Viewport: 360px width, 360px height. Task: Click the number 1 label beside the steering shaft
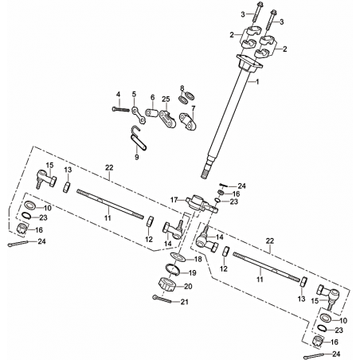(256, 82)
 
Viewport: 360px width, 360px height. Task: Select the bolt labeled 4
(121, 109)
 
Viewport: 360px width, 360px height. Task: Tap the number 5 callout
(134, 94)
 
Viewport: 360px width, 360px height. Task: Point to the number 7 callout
(193, 108)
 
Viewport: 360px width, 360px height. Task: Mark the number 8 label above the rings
(182, 88)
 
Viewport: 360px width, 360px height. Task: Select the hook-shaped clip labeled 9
(138, 139)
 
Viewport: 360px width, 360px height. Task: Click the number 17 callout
(174, 200)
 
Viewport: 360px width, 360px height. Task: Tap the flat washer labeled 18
(178, 256)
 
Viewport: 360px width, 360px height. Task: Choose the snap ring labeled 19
(173, 268)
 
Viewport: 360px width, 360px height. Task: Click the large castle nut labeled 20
(167, 284)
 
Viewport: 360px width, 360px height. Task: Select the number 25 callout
(166, 99)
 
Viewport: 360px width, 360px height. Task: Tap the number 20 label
(188, 287)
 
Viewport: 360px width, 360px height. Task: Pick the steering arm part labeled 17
(202, 205)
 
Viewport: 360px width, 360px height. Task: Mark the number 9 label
(137, 157)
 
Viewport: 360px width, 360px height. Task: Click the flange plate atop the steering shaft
(249, 62)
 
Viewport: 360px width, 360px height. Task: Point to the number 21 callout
(185, 302)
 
